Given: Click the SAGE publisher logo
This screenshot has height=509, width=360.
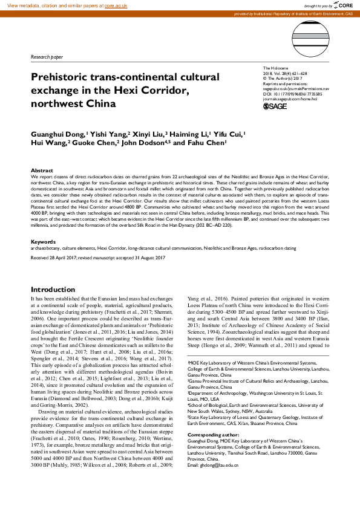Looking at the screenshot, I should [x=275, y=106].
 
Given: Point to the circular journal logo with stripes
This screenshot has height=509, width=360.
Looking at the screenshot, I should [x=310, y=36].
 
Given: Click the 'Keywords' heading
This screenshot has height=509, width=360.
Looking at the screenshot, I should [x=44, y=241].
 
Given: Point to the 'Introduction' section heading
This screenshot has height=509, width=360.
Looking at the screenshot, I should [x=53, y=290].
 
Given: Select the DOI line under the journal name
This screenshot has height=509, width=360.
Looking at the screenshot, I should [x=292, y=94].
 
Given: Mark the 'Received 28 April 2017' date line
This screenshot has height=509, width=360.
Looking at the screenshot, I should [x=98, y=257].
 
